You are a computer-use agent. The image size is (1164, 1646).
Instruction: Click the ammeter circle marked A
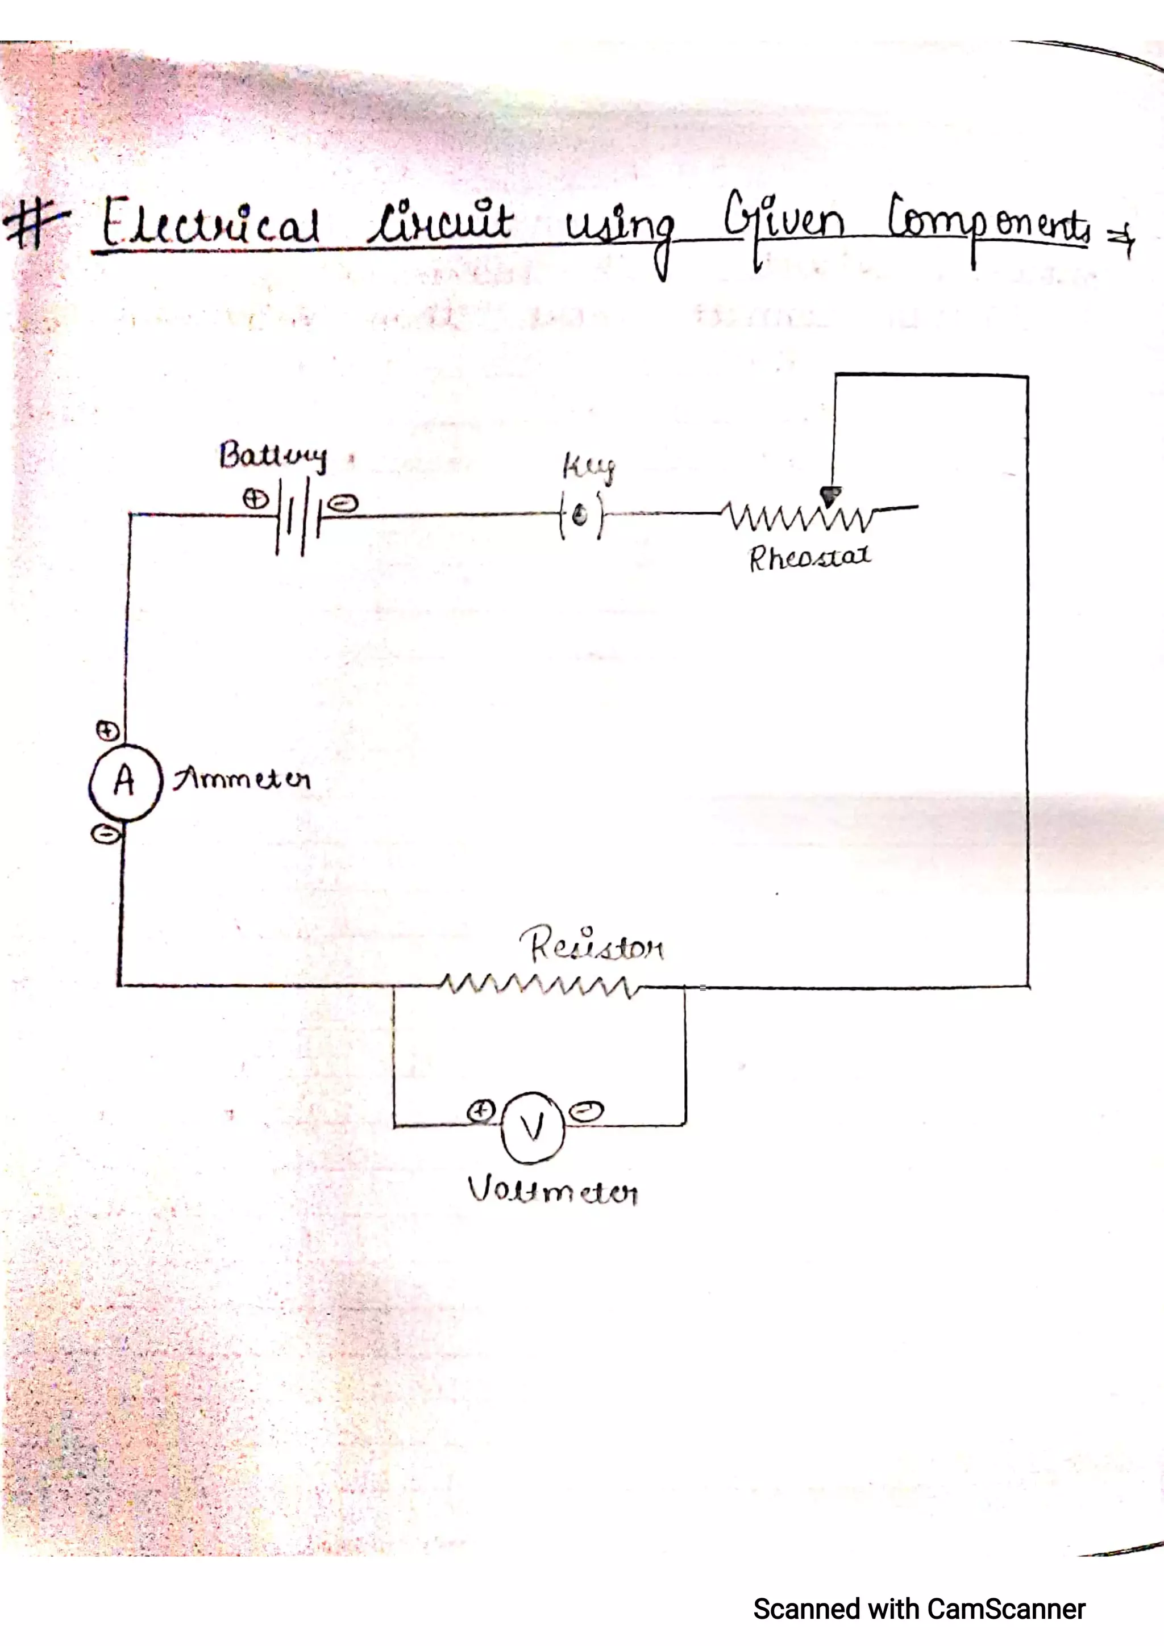point(123,782)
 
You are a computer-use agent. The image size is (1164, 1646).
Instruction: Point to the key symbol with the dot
point(581,513)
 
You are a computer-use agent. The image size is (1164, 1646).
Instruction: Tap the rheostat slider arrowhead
point(830,495)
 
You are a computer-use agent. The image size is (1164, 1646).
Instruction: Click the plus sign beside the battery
point(254,498)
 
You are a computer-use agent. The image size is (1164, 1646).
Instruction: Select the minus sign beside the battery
point(343,504)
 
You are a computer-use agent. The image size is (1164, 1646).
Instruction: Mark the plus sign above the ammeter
point(107,730)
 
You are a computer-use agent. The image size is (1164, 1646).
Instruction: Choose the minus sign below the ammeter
point(105,834)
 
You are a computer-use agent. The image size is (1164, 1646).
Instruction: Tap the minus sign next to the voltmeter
point(586,1110)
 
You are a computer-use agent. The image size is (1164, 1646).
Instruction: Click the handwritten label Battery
point(273,456)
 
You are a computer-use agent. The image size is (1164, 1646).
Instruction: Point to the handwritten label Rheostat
point(810,557)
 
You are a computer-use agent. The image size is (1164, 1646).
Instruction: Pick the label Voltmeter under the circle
point(552,1191)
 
